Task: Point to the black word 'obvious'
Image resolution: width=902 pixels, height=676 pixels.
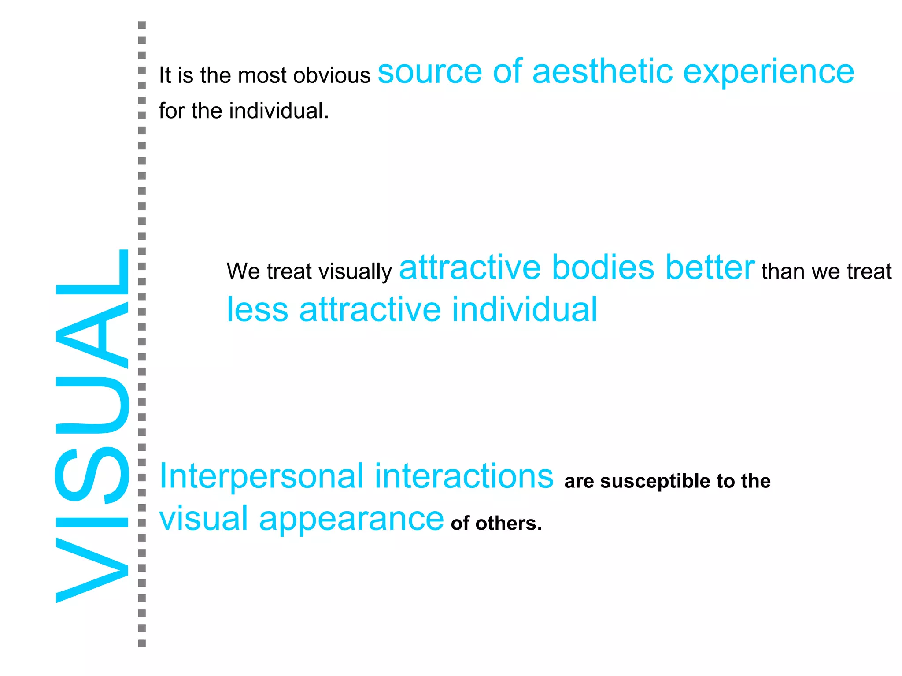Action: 332,75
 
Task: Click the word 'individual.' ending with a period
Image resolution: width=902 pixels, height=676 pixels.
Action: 279,111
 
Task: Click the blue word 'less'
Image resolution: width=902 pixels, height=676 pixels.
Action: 257,309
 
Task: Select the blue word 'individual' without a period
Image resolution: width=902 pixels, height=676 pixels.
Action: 525,309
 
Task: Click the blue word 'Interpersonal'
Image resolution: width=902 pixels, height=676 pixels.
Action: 261,476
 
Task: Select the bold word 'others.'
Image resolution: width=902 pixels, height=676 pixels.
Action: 509,524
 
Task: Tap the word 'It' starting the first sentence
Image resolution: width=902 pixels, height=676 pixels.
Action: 165,75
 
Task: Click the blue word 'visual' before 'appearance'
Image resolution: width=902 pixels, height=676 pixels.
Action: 203,518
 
